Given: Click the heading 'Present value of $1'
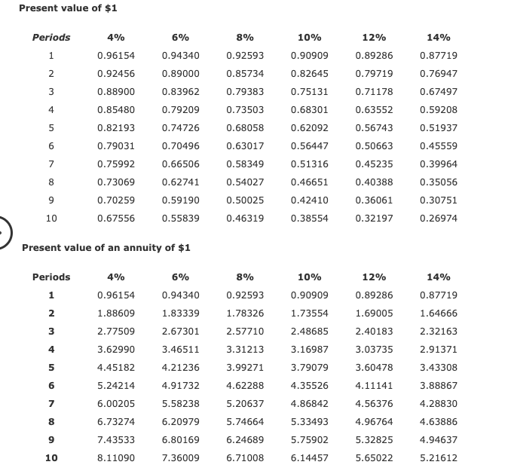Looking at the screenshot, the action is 67,8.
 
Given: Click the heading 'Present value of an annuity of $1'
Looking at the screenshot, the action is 106,248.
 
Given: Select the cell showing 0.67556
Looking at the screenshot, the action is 116,219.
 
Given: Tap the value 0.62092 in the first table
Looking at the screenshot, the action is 309,128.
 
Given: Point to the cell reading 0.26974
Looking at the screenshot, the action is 438,219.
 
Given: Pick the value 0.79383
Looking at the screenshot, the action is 245,92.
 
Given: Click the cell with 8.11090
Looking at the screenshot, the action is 116,458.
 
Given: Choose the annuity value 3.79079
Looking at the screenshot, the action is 309,368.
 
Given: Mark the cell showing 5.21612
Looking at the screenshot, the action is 438,458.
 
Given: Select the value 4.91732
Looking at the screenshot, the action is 180,386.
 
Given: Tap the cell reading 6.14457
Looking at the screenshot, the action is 309,458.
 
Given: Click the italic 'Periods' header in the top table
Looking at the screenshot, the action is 51,38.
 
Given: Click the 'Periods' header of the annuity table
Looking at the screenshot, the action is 51,277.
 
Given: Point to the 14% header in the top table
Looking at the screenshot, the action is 438,38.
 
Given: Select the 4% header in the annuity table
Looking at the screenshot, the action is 116,277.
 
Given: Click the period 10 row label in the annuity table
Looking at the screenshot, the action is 51,458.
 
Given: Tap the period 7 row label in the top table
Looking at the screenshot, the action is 51,164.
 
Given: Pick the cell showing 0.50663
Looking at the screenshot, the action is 374,146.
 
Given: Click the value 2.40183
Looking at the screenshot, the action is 374,332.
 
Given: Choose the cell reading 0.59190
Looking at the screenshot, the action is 180,200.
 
